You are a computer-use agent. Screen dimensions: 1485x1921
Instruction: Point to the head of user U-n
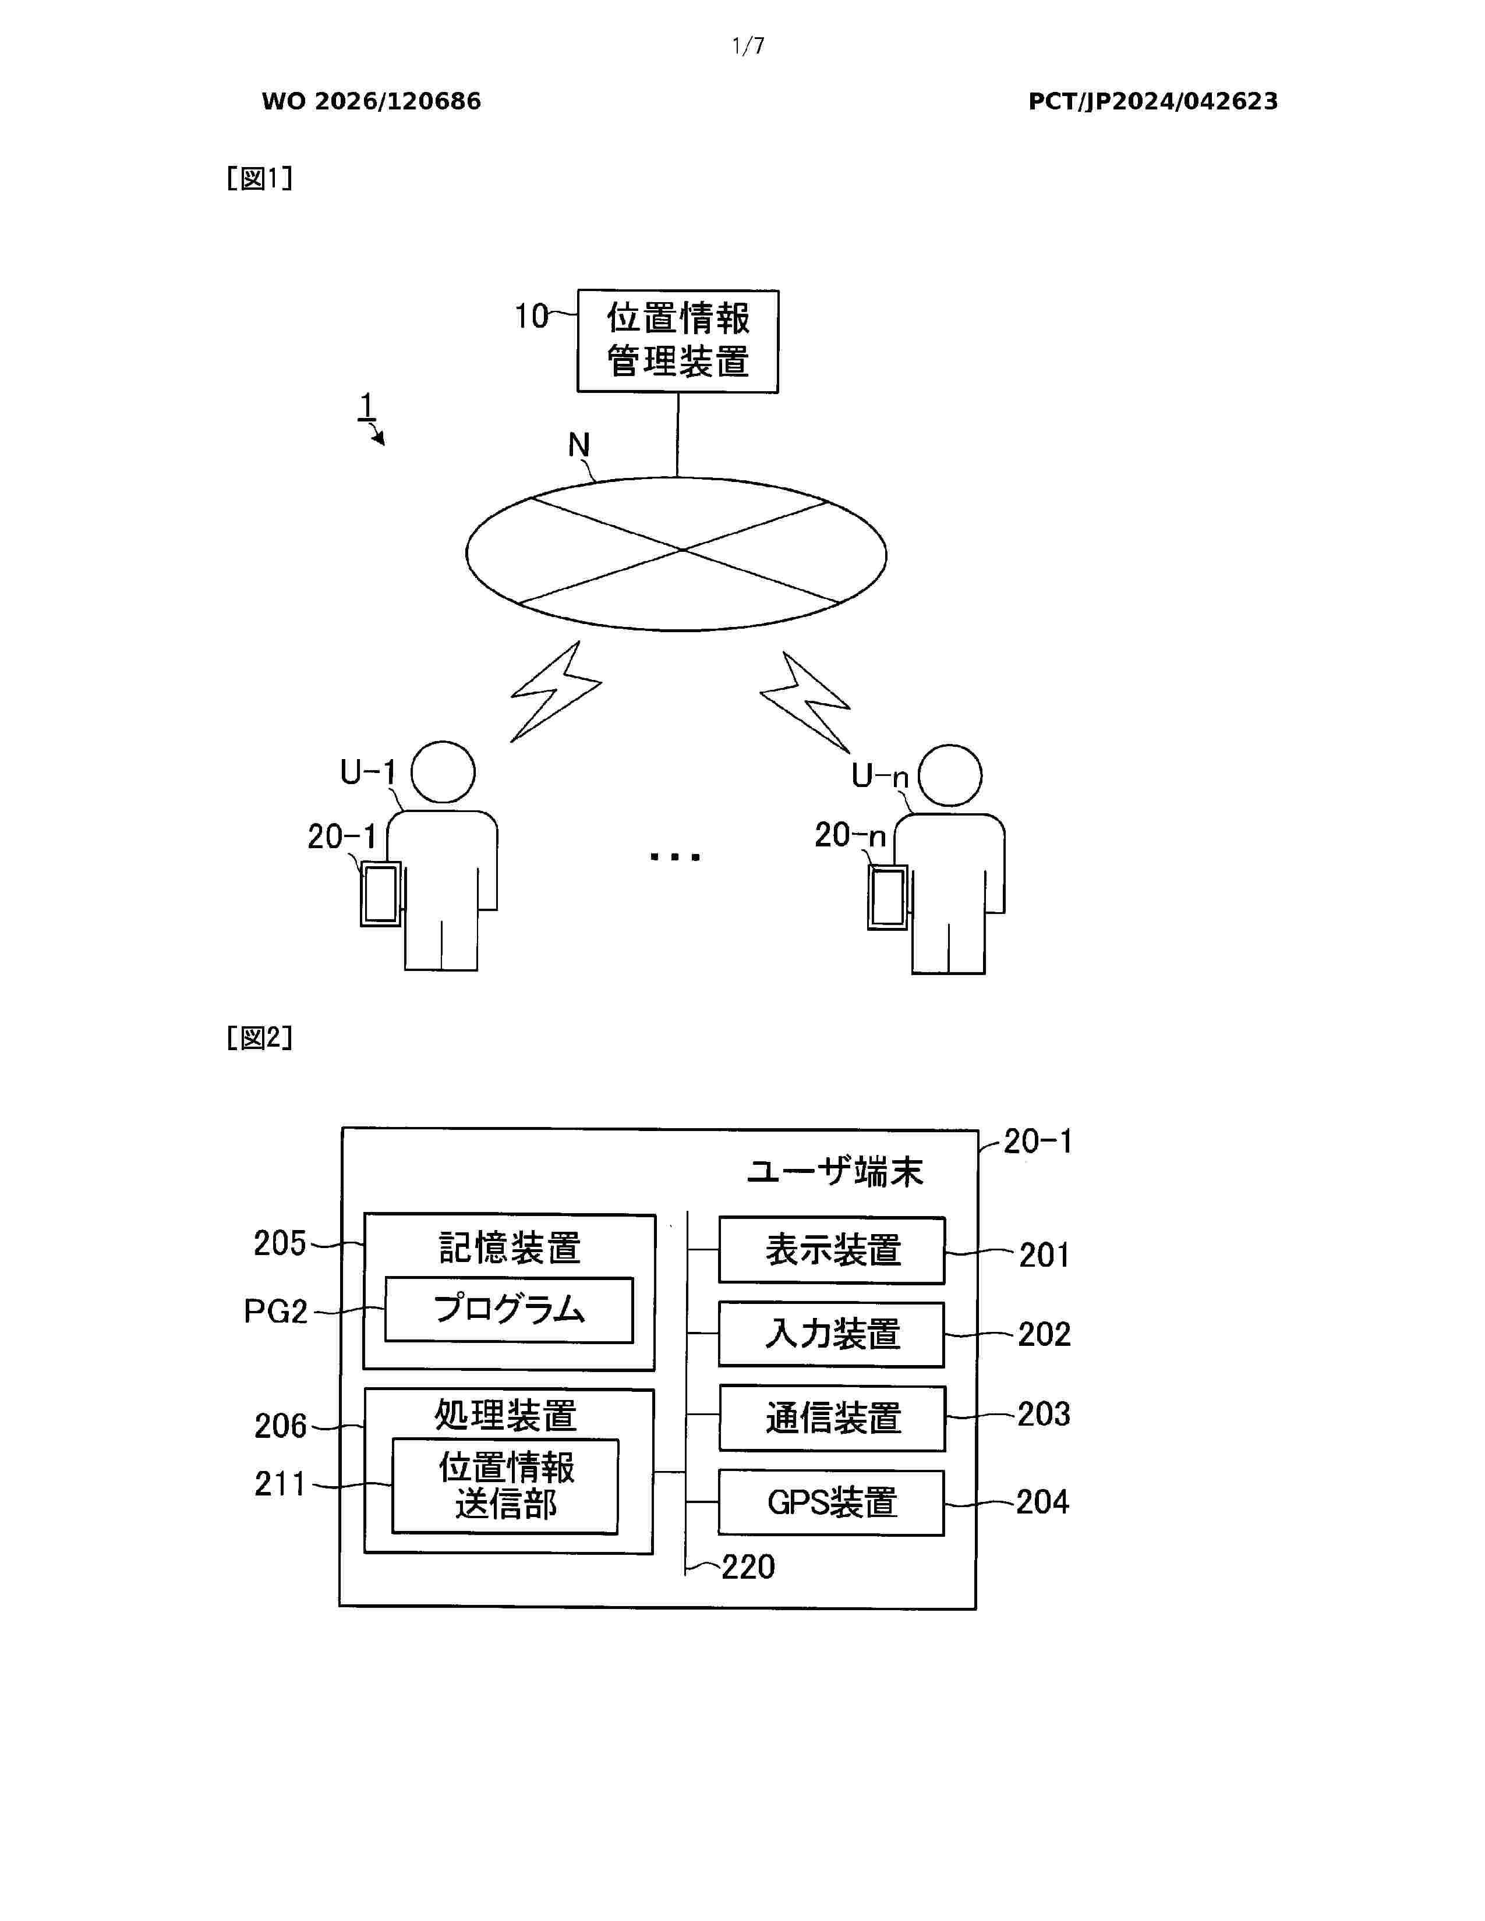coord(950,775)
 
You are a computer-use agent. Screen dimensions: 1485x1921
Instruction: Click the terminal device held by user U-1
coord(381,894)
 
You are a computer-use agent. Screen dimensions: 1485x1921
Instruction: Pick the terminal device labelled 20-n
coord(888,897)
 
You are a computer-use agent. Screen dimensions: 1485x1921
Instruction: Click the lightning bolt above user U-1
coord(556,692)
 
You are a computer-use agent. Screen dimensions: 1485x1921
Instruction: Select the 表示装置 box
coord(832,1250)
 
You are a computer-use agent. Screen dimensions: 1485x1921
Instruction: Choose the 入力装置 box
coord(832,1334)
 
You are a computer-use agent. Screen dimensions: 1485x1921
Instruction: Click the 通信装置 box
coord(832,1418)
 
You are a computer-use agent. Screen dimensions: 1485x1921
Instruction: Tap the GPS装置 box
coord(832,1502)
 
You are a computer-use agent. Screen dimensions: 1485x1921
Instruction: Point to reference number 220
coord(748,1566)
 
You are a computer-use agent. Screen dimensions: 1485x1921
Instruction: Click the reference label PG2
coord(275,1312)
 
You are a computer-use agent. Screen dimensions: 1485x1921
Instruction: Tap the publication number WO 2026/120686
coord(372,101)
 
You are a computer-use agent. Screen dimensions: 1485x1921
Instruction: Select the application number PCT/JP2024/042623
coord(1153,101)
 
